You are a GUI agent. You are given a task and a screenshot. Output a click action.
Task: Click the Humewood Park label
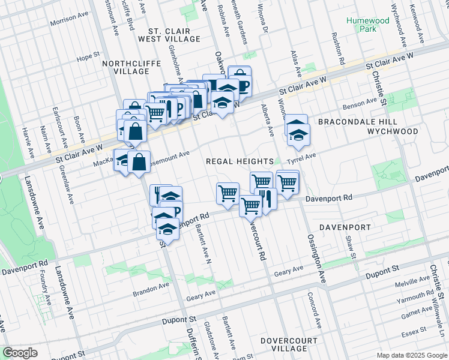click(368, 25)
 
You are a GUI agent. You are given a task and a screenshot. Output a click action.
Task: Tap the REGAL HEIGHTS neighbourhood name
click(240, 161)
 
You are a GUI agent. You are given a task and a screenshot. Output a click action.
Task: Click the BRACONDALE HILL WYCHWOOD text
click(367, 126)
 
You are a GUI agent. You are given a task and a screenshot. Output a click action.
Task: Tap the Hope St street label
click(88, 58)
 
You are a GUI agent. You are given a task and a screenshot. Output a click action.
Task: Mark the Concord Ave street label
click(314, 311)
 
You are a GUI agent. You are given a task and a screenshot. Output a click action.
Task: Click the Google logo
click(20, 353)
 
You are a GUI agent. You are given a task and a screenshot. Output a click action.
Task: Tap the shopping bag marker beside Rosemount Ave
click(139, 163)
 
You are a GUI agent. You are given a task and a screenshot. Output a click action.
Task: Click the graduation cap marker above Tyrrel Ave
click(297, 134)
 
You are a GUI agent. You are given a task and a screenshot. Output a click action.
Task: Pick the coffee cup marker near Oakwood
click(240, 82)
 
